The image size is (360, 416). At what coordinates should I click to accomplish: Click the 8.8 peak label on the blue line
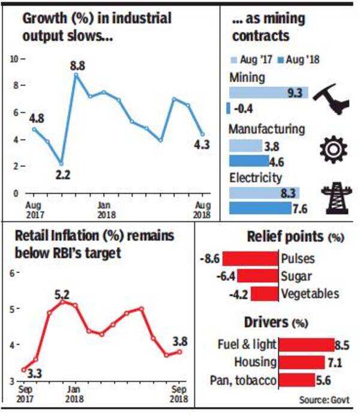(77, 64)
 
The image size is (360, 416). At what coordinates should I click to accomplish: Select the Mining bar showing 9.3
(269, 92)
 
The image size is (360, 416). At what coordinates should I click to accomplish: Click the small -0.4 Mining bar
(229, 108)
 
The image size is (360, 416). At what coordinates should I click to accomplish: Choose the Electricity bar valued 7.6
(265, 208)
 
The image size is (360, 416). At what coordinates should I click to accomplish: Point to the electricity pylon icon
(333, 198)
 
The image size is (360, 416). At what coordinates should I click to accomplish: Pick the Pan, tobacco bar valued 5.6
(298, 379)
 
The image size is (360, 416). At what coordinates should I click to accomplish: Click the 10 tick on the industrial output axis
(14, 59)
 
